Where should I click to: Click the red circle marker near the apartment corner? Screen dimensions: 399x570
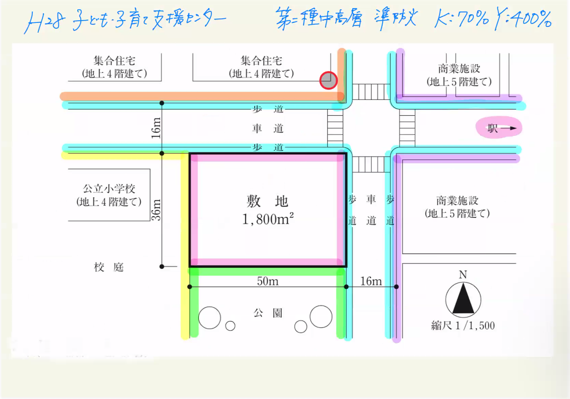point(328,80)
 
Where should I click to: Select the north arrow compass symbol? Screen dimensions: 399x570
point(463,299)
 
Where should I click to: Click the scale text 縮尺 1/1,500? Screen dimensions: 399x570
point(463,326)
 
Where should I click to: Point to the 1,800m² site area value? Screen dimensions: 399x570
point(268,220)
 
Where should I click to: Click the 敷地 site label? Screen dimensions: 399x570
point(268,201)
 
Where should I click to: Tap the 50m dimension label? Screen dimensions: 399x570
point(267,281)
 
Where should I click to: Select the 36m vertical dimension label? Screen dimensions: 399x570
point(156,209)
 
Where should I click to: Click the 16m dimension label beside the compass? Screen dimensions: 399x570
point(371,281)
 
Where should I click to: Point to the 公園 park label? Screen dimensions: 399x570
point(268,313)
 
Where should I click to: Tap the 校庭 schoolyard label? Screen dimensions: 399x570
point(109,267)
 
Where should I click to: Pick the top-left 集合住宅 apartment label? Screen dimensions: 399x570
point(115,60)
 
